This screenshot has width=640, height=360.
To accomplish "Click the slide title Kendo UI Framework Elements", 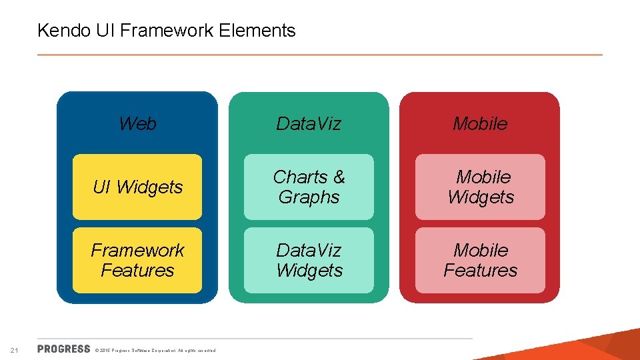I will coord(166,31).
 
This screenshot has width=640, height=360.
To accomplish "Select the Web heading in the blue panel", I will coord(137,123).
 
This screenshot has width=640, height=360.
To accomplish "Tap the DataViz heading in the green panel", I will coord(309,123).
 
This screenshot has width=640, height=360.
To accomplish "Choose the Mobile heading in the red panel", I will coord(480,123).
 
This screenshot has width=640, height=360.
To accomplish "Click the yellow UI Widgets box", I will coord(137,187).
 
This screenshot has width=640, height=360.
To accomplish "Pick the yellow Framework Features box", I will coord(137,261).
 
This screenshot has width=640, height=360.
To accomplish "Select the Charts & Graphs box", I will coord(309,187).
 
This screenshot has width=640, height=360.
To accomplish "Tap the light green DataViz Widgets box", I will coord(309,261).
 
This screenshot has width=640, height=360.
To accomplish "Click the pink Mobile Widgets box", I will coord(480,187).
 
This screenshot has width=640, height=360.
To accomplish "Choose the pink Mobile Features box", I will coord(480,261).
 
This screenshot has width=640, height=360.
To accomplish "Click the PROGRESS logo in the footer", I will coord(64,349).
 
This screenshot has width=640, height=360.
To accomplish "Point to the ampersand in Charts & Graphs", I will coord(339,177).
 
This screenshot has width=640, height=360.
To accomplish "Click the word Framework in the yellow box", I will coord(137,251).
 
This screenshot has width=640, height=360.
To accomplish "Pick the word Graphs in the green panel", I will coord(309,197).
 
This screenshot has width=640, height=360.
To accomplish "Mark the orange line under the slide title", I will coord(320,54).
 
